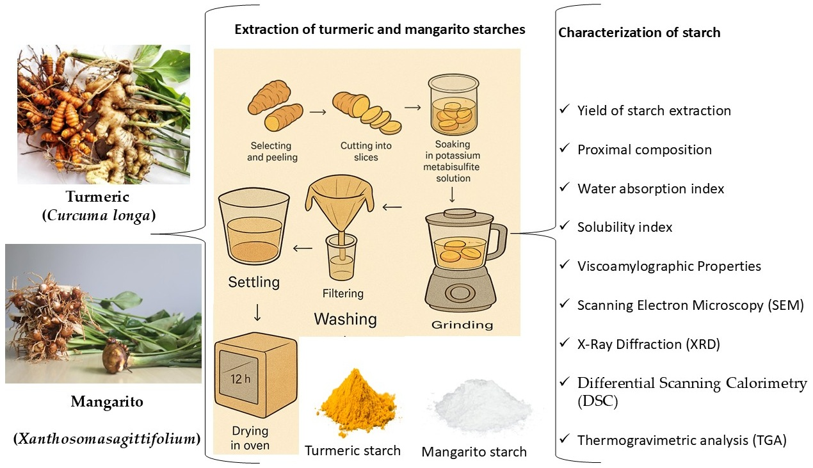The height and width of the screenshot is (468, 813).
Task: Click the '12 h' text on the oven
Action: point(239,378)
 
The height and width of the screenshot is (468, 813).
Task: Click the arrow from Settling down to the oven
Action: point(257,312)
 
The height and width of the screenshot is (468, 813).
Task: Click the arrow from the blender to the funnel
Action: point(392,206)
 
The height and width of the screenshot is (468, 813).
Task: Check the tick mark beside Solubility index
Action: point(564,226)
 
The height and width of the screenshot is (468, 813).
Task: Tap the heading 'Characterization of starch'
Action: point(640,33)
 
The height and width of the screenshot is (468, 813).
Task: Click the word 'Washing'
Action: point(345,319)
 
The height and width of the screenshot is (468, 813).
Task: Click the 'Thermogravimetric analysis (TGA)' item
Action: point(681,440)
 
